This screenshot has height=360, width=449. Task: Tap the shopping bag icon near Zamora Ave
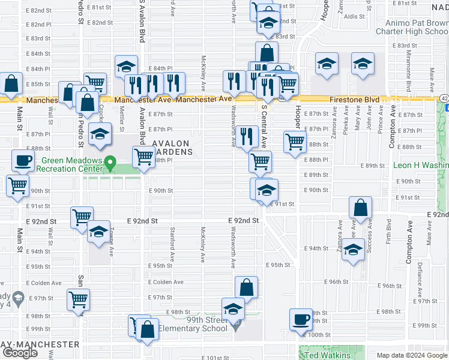361,208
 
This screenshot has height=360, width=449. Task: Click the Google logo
19,353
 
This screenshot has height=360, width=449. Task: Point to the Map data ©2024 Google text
412,355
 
